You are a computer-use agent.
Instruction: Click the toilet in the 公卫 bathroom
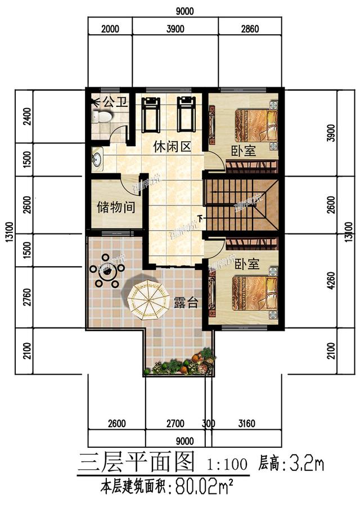pos(102,117)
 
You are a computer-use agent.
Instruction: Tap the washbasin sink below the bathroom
pos(97,158)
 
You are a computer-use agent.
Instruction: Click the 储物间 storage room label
pos(116,207)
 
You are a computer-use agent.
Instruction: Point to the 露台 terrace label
pos(186,303)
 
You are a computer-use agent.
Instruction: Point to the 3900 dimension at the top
pos(175,30)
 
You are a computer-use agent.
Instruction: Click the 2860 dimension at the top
pos(248,30)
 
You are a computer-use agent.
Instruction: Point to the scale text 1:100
pos(228,465)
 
